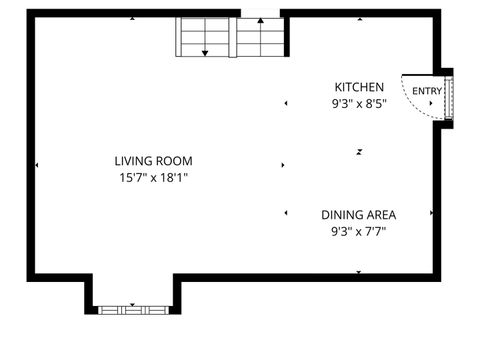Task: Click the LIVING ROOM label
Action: coord(153,161)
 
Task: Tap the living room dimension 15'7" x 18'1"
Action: coord(153,178)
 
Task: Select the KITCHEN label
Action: coord(359,87)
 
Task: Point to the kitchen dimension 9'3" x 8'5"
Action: coord(359,103)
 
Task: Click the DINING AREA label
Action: coord(359,215)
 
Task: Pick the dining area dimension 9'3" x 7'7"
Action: coord(359,231)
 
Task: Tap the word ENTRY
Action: coord(427,92)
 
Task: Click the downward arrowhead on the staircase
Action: coord(205,52)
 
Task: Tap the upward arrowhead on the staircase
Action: coord(263,31)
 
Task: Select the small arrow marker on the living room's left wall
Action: coord(37,165)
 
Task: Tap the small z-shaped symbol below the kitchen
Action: coord(359,152)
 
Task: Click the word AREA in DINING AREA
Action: coord(380,215)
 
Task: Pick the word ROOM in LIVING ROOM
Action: coord(174,161)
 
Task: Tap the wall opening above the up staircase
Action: coord(262,13)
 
